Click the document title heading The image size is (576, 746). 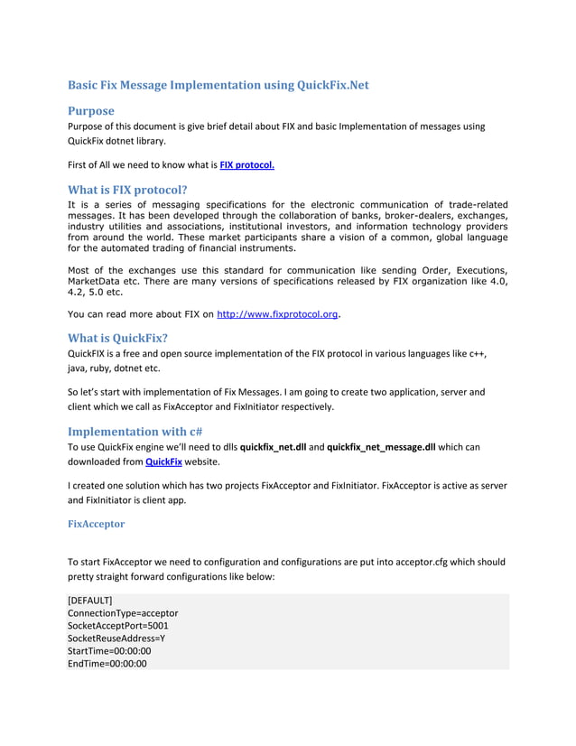218,86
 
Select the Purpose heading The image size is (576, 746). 91,110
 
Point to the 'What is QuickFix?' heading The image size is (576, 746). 117,339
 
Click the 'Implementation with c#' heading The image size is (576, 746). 135,431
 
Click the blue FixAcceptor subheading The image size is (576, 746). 97,524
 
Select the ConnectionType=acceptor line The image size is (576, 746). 123,613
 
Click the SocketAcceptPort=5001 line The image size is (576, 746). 118,626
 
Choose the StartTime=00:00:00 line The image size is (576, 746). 109,651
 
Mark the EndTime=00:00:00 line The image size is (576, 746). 107,664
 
